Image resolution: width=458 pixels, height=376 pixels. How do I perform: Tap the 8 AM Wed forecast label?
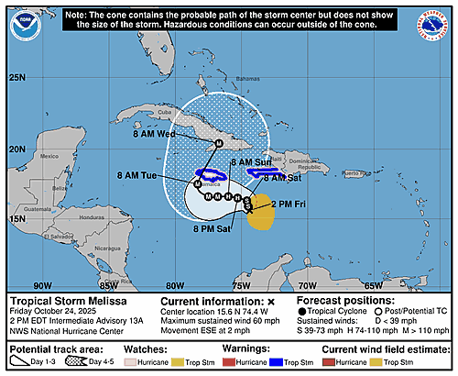pos(153,134)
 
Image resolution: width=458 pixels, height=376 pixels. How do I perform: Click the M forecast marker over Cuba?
pos(218,144)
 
